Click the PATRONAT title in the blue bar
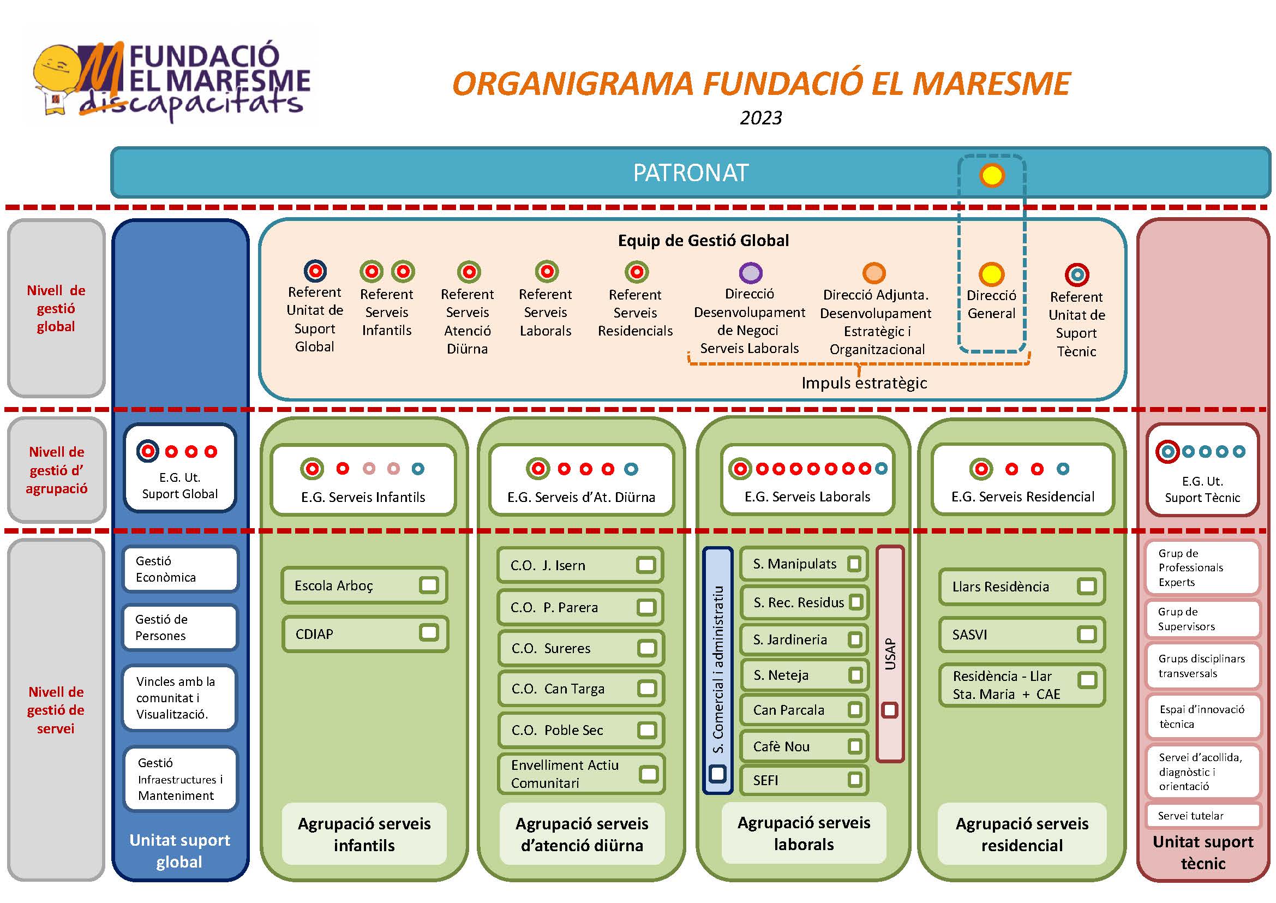pos(691,173)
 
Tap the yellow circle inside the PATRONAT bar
pos(991,176)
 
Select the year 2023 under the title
pos(760,118)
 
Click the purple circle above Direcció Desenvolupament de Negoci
pos(751,272)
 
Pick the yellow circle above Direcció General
pos(991,274)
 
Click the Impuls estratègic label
pos(864,383)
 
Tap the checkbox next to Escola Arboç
pos(429,585)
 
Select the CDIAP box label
pos(314,634)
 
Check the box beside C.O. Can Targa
pos(646,689)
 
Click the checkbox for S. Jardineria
pos(855,639)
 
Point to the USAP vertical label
pos(891,654)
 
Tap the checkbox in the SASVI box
pos(1086,635)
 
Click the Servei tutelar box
pos(1202,816)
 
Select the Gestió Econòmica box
pos(180,569)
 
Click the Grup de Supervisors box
pos(1202,619)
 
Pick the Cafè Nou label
pos(781,747)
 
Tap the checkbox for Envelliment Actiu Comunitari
pos(648,774)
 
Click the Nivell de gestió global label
pos(56,308)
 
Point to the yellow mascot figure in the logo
pos(58,81)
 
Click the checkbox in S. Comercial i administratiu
pos(717,774)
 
